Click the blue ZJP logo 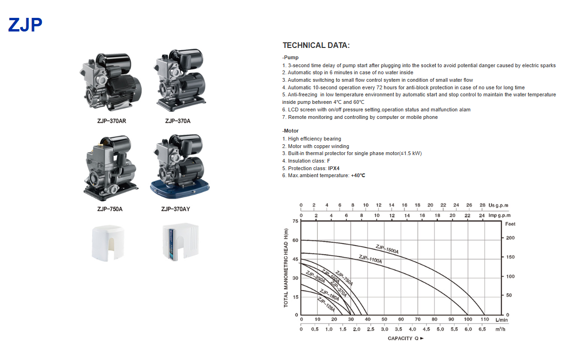(25, 25)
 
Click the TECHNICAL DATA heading (316, 45)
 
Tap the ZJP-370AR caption (112, 121)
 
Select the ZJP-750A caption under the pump (110, 209)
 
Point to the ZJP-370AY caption (176, 209)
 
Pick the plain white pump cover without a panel (108, 243)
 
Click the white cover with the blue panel (180, 242)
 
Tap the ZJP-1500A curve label (387, 249)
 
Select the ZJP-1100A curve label (370, 259)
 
